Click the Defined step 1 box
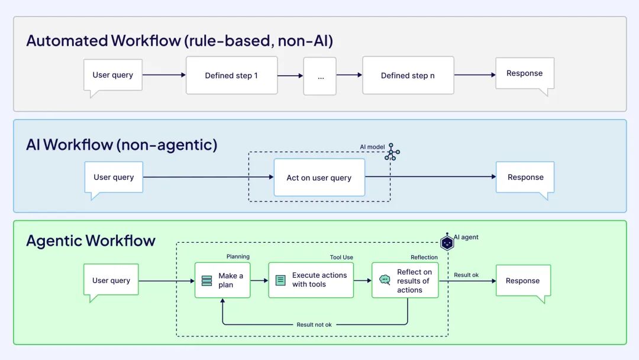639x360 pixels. [x=231, y=75]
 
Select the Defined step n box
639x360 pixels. [x=408, y=75]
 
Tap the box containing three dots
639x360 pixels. [x=319, y=76]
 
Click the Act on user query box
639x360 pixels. [x=319, y=178]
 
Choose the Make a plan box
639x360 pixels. [x=222, y=280]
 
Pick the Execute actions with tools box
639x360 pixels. [x=311, y=280]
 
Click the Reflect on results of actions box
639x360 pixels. [x=405, y=280]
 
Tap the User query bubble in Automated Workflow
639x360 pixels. [x=113, y=75]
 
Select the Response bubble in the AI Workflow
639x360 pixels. [x=525, y=177]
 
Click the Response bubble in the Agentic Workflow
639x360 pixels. [x=522, y=281]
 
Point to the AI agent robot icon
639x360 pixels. [x=447, y=242]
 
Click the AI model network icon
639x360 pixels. [x=392, y=152]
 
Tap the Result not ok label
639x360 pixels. [x=314, y=324]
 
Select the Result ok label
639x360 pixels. [x=466, y=275]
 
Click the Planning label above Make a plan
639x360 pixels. [x=238, y=257]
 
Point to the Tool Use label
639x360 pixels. [x=341, y=257]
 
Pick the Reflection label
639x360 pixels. [x=424, y=257]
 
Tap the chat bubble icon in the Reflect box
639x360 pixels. [x=385, y=280]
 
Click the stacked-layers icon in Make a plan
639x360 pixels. [x=206, y=281]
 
